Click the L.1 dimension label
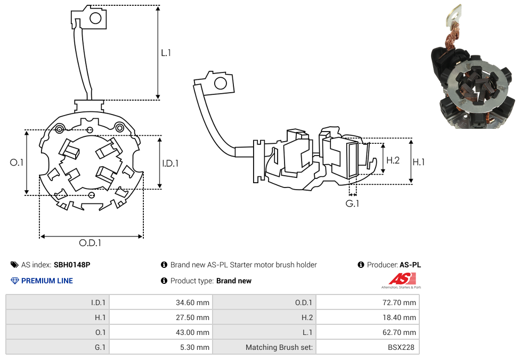tap(166, 53)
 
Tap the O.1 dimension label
tap(17, 162)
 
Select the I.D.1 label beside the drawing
tap(170, 163)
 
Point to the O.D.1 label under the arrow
tap(90, 243)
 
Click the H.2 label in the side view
tap(393, 160)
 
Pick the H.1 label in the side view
tap(419, 162)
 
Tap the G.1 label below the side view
tap(352, 203)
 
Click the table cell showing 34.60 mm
tap(192, 302)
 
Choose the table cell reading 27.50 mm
tap(192, 317)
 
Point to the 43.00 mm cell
tap(192, 332)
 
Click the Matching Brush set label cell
tap(280, 347)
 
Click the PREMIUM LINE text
tap(47, 281)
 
